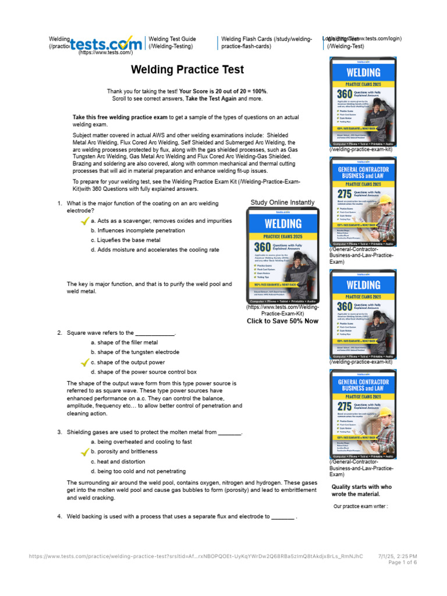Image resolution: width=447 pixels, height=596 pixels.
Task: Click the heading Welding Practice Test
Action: click(187, 70)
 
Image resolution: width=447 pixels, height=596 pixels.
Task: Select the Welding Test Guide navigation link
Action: click(172, 42)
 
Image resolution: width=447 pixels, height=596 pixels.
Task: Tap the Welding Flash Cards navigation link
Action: click(267, 42)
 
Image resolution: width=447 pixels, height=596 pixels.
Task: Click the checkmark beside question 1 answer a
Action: click(84, 221)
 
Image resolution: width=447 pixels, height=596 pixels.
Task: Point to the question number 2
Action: click(59, 333)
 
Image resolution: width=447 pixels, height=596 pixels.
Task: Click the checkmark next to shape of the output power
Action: click(84, 363)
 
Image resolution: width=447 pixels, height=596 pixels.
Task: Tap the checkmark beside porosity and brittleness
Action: click(84, 452)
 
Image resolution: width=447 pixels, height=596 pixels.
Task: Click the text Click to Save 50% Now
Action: click(283, 321)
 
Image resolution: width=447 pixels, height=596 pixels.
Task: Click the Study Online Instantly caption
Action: click(282, 203)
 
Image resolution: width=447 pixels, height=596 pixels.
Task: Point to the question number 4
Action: click(59, 517)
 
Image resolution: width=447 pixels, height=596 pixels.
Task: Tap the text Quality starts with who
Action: click(362, 487)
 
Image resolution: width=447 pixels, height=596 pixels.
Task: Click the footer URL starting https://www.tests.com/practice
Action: click(196, 556)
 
